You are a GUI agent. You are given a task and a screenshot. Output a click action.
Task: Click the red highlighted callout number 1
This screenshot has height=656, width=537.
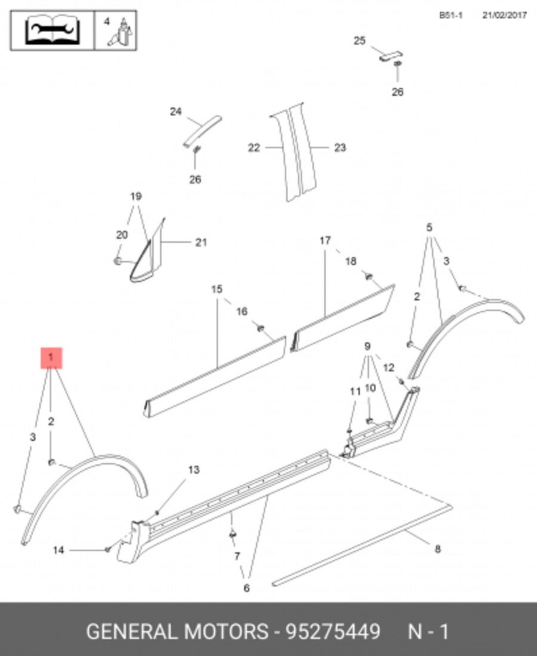pos(51,358)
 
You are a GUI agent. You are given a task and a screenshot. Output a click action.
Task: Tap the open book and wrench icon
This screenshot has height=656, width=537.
pos(52,31)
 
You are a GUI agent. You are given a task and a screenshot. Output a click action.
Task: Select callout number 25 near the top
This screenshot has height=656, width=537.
pos(360,41)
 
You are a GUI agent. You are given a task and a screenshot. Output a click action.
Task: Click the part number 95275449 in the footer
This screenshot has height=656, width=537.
pos(333,631)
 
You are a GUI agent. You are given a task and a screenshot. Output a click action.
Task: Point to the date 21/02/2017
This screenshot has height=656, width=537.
pos(504,16)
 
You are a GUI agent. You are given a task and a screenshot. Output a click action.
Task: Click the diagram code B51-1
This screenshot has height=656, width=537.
pos(451,16)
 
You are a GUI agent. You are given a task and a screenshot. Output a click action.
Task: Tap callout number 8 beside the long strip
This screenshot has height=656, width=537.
pos(437,548)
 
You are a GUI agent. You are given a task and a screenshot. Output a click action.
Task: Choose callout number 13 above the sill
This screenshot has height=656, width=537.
pos(194,470)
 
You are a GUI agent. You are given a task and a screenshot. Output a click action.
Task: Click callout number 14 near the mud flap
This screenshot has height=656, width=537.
pos(58,550)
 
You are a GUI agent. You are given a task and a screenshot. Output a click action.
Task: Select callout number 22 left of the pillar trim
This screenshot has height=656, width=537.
pos(253,148)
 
